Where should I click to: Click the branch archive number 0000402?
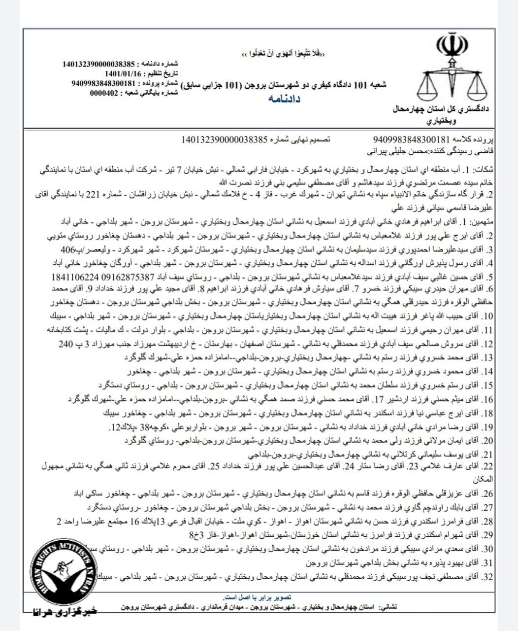[x=104, y=93]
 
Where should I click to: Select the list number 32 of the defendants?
[x=487, y=577]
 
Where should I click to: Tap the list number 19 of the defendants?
[x=487, y=427]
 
